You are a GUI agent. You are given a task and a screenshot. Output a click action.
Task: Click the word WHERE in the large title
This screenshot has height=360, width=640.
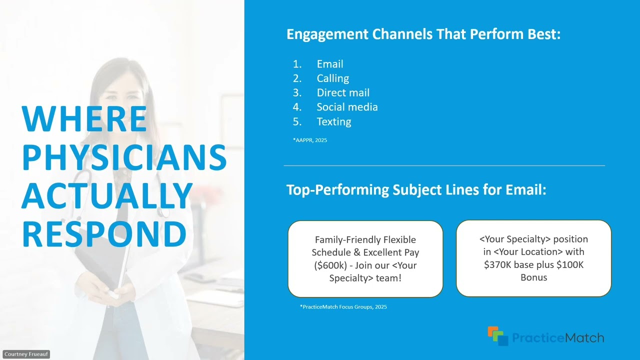tap(84, 119)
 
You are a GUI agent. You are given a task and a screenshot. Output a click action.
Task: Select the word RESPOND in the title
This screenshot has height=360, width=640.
tap(104, 234)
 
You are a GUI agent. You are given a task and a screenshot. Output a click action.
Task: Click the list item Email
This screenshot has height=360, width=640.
tap(329, 64)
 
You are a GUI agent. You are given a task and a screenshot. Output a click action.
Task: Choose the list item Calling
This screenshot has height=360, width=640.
tap(332, 78)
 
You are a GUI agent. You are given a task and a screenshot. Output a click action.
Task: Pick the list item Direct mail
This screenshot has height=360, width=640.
tap(343, 93)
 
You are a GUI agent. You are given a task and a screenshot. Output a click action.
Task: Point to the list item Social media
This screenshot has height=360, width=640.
tap(347, 107)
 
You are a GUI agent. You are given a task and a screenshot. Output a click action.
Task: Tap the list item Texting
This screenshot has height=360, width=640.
tap(333, 121)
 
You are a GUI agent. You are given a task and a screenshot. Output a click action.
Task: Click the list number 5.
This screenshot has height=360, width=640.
tap(297, 121)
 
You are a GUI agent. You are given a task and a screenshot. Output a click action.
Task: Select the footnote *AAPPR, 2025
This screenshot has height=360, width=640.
tap(310, 140)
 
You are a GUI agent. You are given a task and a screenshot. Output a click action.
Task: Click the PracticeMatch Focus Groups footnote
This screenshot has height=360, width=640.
tap(343, 306)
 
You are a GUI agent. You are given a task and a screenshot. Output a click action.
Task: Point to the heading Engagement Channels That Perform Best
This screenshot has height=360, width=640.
tap(423, 34)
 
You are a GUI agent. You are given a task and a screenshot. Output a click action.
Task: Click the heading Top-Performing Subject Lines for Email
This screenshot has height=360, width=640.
tap(416, 190)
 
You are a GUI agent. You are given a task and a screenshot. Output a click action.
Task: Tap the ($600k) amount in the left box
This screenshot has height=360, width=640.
tap(330, 265)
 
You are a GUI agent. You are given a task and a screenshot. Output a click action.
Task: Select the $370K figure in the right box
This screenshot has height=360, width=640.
tap(497, 265)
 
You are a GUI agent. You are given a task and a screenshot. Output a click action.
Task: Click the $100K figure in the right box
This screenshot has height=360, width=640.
tap(569, 265)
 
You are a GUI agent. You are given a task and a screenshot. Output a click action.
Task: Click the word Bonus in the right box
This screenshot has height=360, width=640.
tap(533, 277)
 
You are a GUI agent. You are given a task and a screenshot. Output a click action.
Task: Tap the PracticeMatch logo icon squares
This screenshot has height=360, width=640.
tap(497, 335)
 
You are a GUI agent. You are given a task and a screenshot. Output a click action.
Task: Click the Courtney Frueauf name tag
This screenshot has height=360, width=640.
tap(25, 354)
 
